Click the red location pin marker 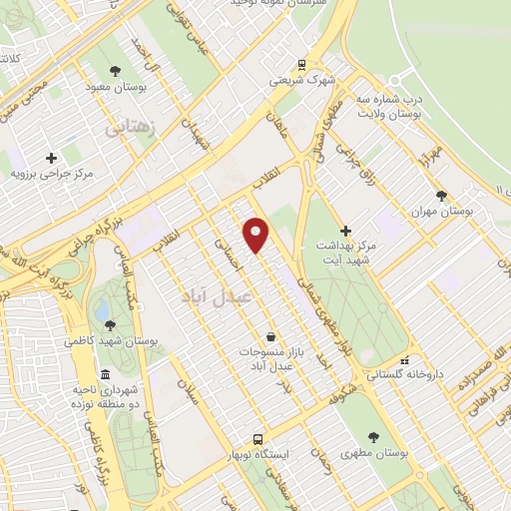256,236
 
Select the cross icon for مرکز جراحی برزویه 51,157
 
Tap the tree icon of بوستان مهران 440,196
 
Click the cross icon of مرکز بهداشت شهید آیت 346,231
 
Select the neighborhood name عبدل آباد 217,296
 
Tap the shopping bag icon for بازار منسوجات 270,337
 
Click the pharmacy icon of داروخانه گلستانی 403,361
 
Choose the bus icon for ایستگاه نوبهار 257,439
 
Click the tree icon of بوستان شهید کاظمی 109,324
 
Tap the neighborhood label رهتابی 131,129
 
